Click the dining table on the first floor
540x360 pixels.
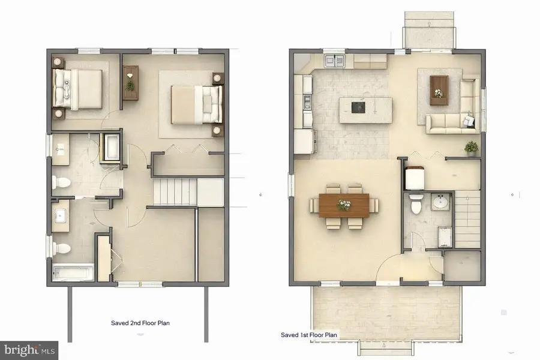pyautogui.click(x=344, y=205)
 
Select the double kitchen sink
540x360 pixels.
pyautogui.click(x=333, y=61)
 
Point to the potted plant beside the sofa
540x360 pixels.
pyautogui.click(x=472, y=147)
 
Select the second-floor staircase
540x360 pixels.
pyautogui.click(x=175, y=191)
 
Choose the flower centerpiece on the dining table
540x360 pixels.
pyautogui.click(x=344, y=205)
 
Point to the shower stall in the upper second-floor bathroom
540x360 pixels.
pyautogui.click(x=112, y=148)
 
